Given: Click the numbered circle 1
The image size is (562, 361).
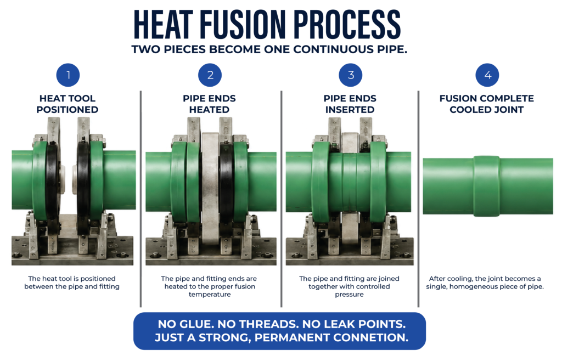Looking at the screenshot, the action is (68, 75).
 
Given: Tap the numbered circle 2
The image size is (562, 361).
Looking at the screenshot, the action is (210, 75).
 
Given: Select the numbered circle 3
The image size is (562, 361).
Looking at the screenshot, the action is (351, 75).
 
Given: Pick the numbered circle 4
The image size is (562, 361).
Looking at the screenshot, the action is (487, 75).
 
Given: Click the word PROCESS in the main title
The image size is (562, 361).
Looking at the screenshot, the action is (347, 24).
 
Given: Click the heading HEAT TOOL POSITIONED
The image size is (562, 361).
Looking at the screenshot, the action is (68, 104).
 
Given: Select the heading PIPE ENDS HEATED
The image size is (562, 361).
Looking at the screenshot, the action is (209, 104).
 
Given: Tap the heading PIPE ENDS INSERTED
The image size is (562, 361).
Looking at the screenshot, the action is (350, 104).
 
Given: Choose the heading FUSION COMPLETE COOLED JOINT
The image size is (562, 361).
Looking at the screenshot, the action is (487, 104).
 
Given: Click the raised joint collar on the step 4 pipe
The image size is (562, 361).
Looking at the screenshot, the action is (486, 186).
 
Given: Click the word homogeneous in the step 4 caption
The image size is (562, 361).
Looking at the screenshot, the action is (473, 286).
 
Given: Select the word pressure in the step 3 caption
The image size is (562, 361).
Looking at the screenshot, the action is (350, 295).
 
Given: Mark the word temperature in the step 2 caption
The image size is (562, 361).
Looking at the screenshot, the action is (210, 295).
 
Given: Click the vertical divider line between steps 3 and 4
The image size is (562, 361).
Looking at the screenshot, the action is (418, 199).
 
